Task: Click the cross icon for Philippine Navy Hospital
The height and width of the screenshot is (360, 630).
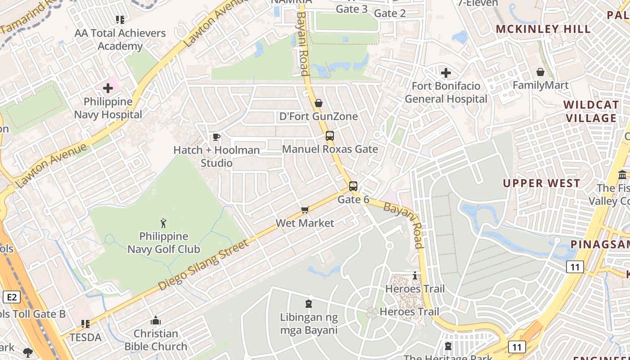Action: (108, 88)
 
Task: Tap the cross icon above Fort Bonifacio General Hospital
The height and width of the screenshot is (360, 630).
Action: (445, 72)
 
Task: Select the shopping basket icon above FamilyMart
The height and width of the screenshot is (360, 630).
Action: (540, 72)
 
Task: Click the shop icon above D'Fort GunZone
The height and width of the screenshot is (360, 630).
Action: (319, 103)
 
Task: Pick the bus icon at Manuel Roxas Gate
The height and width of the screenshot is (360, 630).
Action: (330, 135)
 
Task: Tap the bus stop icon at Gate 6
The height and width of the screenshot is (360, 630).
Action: (353, 186)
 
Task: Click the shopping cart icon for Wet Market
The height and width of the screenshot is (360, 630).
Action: (305, 210)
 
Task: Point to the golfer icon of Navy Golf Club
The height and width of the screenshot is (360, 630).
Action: (163, 223)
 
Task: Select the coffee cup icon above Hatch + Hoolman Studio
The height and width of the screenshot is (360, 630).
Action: (216, 137)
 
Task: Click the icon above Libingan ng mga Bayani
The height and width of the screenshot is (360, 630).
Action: (309, 304)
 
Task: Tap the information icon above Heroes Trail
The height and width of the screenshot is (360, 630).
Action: (415, 275)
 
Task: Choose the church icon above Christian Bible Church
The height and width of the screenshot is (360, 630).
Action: (156, 320)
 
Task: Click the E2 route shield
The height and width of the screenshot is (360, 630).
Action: (12, 297)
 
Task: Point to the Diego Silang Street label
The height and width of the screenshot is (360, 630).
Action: (203, 265)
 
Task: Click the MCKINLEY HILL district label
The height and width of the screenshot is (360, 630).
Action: (543, 29)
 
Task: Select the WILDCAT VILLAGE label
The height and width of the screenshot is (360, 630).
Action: (591, 112)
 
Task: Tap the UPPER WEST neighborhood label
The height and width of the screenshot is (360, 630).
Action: (541, 183)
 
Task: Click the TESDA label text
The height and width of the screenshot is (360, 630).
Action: (85, 337)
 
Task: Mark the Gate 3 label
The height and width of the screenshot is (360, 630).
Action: (352, 9)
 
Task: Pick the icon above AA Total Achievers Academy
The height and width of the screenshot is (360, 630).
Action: (120, 19)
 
